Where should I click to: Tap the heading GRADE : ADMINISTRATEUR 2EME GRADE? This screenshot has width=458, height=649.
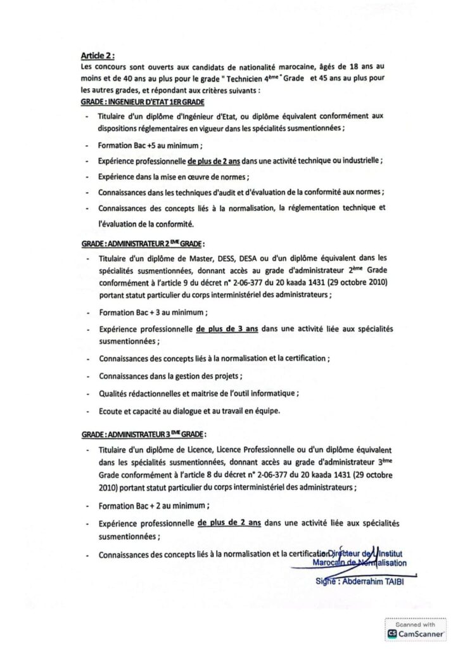(143, 243)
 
